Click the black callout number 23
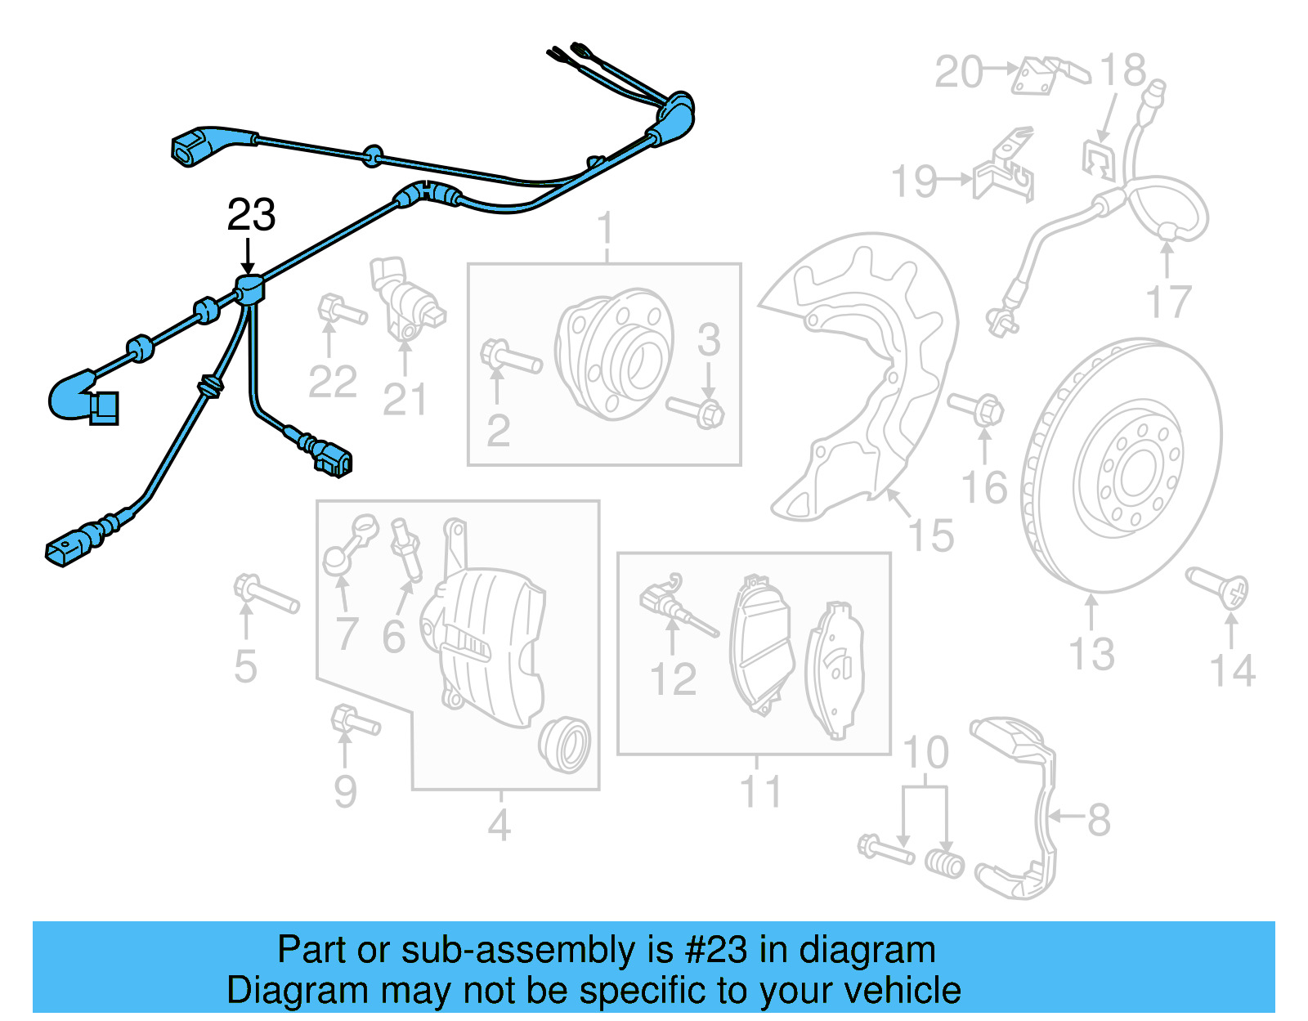tap(251, 215)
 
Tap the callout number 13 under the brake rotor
tap(1092, 654)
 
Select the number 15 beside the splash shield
tap(931, 536)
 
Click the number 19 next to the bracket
tap(914, 181)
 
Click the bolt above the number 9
tap(354, 721)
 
